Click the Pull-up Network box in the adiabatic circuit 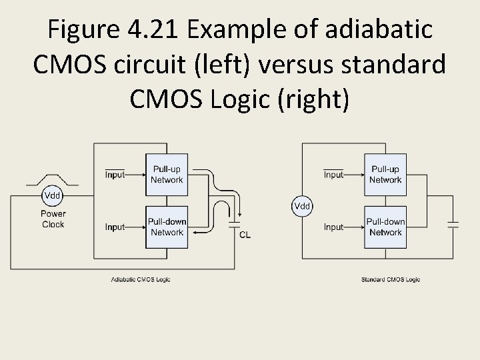167,175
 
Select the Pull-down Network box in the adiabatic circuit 167,227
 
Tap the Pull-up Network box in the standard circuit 385,175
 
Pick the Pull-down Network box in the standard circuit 385,227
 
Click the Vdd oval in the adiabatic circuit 53,195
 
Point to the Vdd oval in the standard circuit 302,206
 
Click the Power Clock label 53,219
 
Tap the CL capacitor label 245,235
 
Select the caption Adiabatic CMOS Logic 140,279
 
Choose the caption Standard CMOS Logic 390,279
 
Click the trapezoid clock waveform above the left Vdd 52,179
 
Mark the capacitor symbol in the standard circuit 453,223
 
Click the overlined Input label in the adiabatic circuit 115,175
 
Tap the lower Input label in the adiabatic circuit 115,227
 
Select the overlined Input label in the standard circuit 333,175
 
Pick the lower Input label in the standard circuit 333,227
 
